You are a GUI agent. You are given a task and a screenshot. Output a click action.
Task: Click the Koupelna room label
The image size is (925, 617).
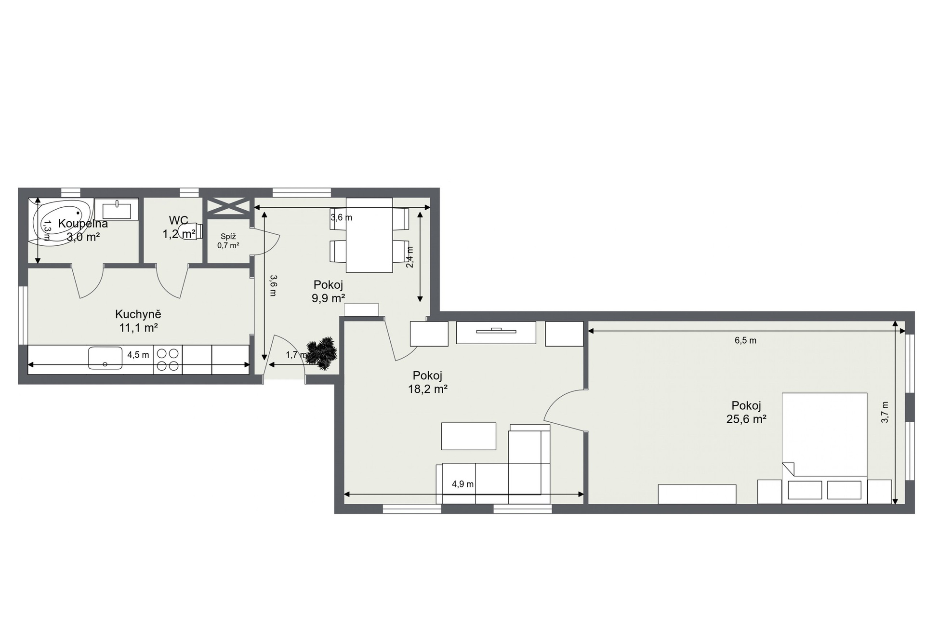pyautogui.click(x=83, y=224)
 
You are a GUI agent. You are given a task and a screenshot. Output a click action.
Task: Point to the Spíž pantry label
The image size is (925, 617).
pyautogui.click(x=228, y=236)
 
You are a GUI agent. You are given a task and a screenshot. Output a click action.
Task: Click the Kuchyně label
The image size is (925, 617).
pyautogui.click(x=138, y=314)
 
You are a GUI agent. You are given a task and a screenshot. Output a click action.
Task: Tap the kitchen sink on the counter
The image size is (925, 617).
pyautogui.click(x=106, y=358)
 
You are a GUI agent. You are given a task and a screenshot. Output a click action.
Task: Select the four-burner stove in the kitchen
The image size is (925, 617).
pyautogui.click(x=168, y=360)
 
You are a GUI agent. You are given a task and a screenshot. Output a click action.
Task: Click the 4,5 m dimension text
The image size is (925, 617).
pyautogui.click(x=138, y=355)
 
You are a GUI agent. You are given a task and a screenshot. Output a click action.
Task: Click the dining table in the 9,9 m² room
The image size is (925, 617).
pyautogui.click(x=370, y=235)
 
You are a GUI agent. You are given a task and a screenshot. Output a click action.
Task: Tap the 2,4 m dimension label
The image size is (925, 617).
pyautogui.click(x=410, y=257)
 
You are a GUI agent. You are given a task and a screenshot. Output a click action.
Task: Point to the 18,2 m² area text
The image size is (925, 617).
pyautogui.click(x=428, y=389)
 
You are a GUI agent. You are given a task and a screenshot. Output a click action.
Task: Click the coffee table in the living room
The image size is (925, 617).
pyautogui.click(x=469, y=436)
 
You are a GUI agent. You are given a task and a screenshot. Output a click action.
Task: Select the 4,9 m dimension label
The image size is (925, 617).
pyautogui.click(x=462, y=484)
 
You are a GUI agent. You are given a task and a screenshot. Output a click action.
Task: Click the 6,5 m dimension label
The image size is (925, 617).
pyautogui.click(x=745, y=340)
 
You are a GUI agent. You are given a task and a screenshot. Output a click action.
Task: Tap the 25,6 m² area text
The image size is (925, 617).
pyautogui.click(x=746, y=419)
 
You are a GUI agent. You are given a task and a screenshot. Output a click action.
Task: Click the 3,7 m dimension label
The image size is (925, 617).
pyautogui.click(x=885, y=413)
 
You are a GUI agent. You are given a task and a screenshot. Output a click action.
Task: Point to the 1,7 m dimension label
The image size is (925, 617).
pyautogui.click(x=296, y=355)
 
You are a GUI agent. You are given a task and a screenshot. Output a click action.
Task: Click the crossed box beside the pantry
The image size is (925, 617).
pyautogui.click(x=228, y=206)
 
